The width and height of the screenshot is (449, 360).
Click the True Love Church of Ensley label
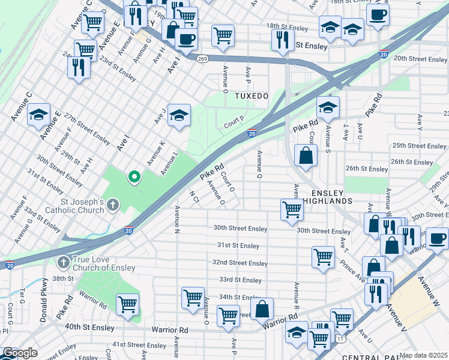pos(106,262)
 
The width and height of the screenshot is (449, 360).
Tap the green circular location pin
pos(134,177)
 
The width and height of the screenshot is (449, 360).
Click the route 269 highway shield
pos(202,58)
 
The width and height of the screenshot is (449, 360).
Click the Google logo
pos(20,353)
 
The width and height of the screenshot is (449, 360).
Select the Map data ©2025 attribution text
pos(424,355)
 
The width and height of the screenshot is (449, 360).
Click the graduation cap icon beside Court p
pos(179,115)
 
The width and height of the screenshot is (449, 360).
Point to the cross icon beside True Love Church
pos(63,262)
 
